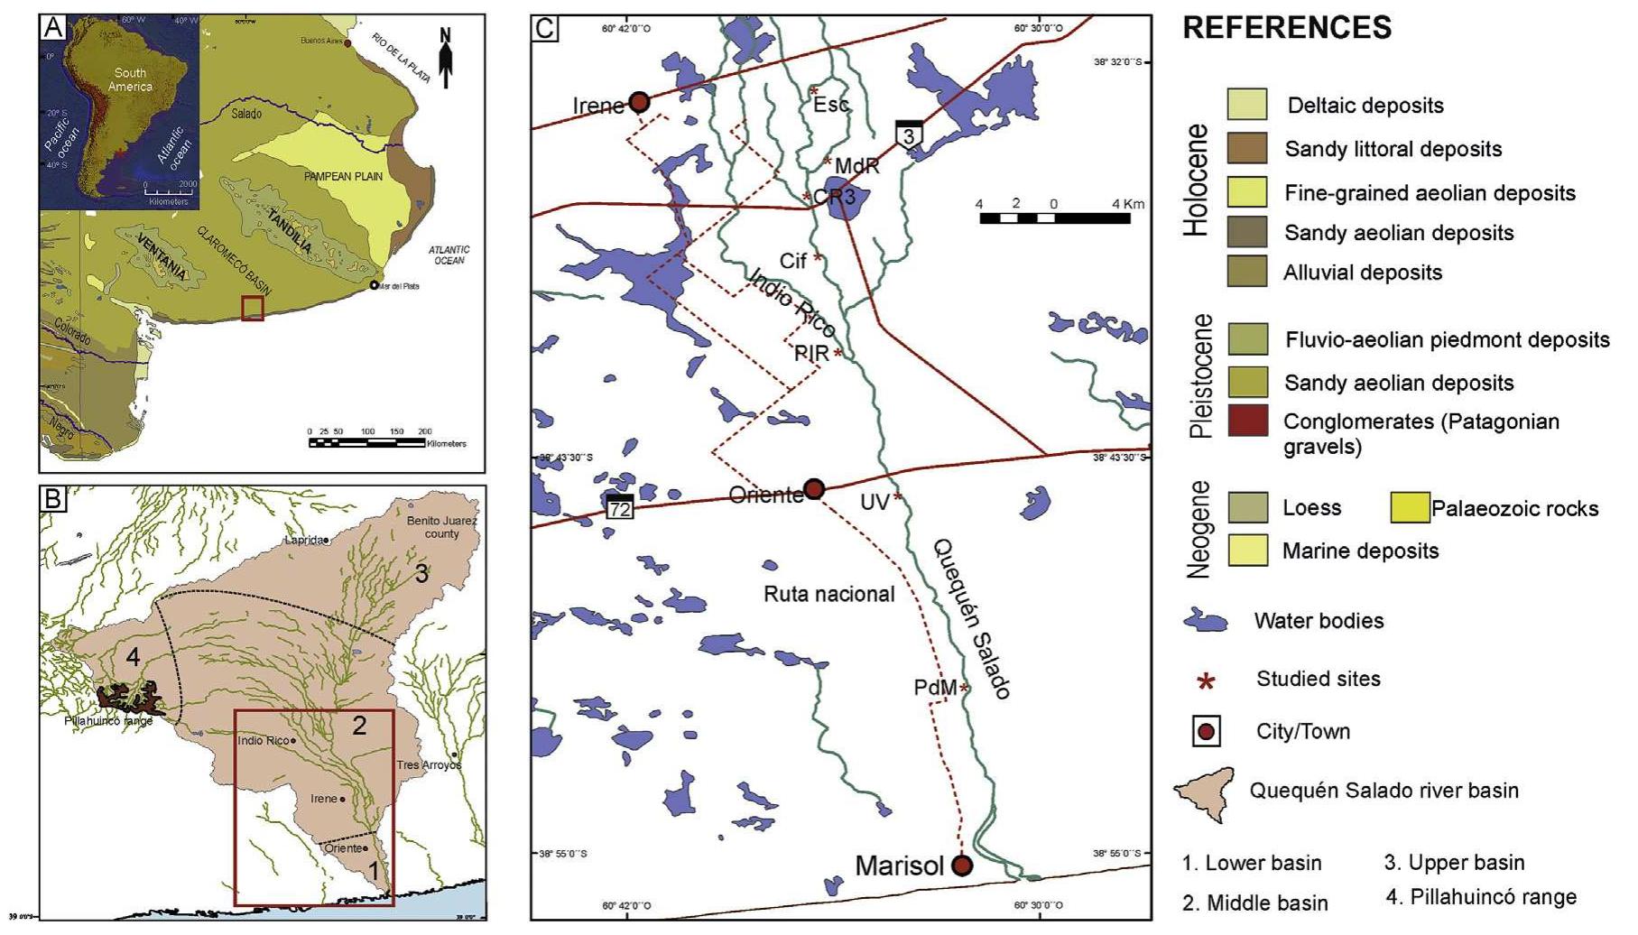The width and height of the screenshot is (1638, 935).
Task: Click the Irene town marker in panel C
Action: tap(639, 102)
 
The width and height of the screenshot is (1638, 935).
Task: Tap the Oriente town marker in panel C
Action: tap(814, 489)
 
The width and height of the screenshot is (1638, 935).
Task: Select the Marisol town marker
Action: tap(962, 866)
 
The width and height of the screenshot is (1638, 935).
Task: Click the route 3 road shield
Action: tap(909, 134)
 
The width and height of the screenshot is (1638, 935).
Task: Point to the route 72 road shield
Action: tap(620, 506)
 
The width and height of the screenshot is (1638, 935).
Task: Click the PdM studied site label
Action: tap(935, 688)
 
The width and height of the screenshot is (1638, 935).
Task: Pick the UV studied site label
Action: tap(875, 503)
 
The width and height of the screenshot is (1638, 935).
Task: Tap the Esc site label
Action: tap(831, 104)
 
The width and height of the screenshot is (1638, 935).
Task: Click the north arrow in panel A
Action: tap(445, 58)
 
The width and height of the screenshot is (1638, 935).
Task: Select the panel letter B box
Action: tap(53, 498)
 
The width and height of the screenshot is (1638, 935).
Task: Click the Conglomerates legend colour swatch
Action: tap(1247, 421)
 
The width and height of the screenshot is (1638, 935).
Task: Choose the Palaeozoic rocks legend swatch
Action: tap(1411, 508)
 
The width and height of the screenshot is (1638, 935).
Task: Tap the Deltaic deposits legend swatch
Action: tap(1247, 105)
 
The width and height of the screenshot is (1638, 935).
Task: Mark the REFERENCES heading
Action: tap(1287, 28)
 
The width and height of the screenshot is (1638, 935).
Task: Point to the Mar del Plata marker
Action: tap(374, 285)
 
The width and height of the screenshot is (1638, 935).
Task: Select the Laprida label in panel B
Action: tap(303, 540)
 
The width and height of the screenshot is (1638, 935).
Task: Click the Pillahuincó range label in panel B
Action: tap(108, 720)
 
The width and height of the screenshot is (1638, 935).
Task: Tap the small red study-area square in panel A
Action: tap(253, 308)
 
